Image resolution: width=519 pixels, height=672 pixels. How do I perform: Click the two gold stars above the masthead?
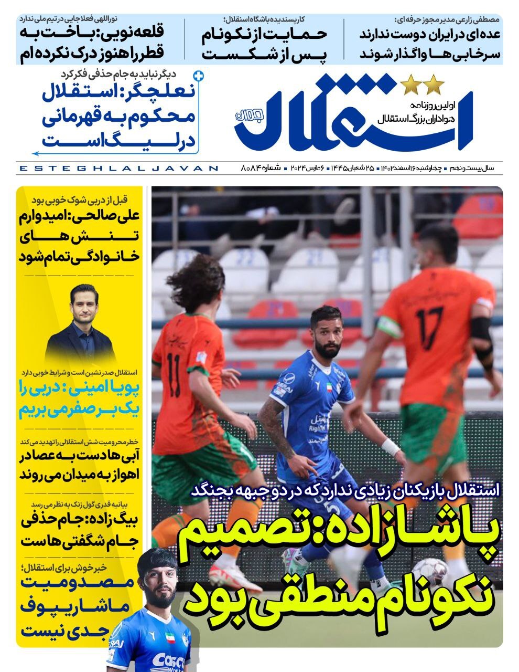tap(423, 84)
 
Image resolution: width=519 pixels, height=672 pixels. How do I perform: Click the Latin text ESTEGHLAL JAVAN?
tap(118, 168)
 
